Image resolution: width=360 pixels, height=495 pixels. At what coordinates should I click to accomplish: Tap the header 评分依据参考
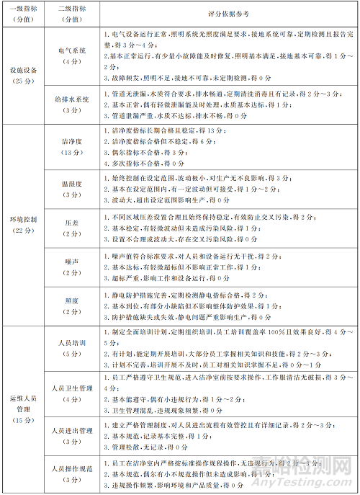coord(225,13)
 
